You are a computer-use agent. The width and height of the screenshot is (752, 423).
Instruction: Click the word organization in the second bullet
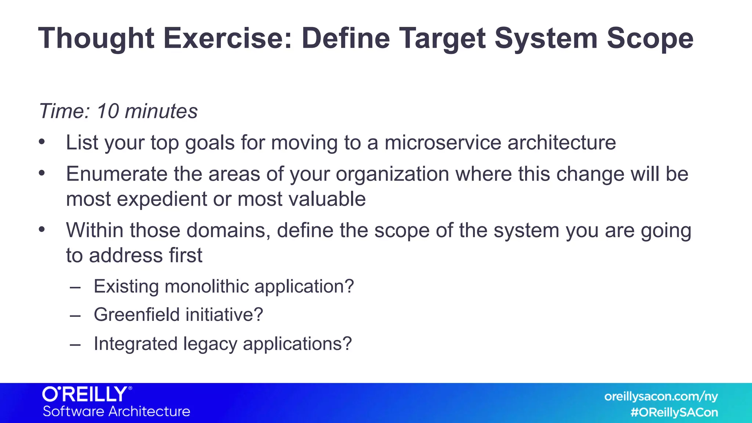point(392,174)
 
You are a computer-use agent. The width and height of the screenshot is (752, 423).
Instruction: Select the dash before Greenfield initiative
point(75,315)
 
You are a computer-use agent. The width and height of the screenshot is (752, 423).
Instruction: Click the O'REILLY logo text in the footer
point(86,394)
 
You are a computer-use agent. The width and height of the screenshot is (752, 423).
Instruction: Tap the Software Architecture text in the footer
point(116,411)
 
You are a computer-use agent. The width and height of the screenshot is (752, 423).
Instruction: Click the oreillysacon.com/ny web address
point(661,397)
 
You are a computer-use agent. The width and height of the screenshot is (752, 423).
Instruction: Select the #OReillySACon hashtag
point(674,412)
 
